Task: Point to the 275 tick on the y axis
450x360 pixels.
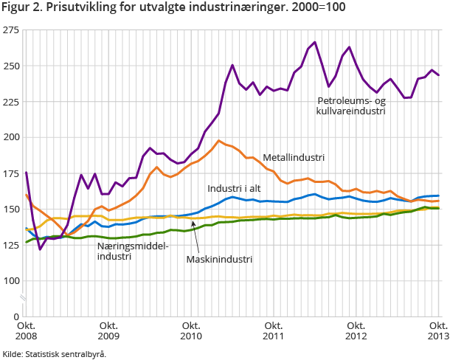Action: [x=11, y=30]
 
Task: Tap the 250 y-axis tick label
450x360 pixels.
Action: [x=11, y=66]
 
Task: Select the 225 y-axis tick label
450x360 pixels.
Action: [x=11, y=102]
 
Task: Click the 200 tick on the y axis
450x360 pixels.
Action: [x=11, y=137]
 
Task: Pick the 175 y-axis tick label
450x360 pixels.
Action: [x=11, y=173]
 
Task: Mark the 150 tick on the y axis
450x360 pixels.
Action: [x=11, y=209]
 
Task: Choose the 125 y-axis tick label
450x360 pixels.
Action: [x=11, y=245]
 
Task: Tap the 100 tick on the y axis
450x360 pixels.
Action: [x=11, y=280]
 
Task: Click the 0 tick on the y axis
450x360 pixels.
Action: [x=16, y=316]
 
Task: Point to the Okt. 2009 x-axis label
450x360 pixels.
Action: [x=108, y=330]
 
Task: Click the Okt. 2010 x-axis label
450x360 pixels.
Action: [x=191, y=330]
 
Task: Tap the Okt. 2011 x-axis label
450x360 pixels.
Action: [x=274, y=330]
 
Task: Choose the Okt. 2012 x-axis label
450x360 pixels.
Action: [x=356, y=330]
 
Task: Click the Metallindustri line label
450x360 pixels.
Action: [x=294, y=157]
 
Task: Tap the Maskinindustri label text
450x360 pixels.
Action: [x=219, y=260]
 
